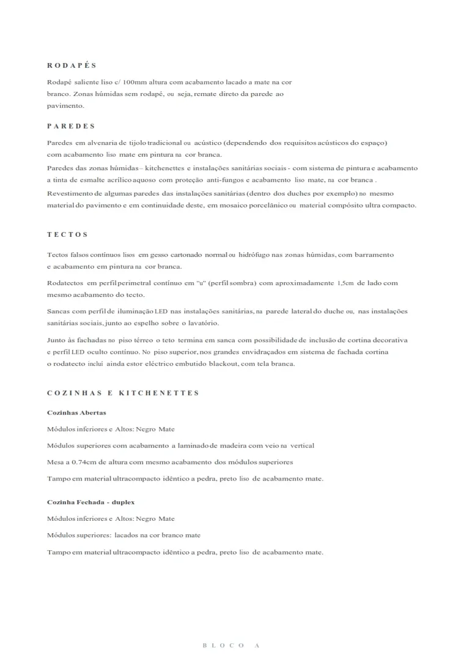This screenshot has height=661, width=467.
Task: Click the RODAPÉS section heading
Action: click(72, 65)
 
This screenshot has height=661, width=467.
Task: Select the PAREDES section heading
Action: click(71, 126)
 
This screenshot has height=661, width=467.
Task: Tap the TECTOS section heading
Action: click(67, 234)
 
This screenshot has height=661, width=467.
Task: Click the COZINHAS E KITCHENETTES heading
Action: click(123, 393)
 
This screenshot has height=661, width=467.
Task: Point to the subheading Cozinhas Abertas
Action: click(76, 413)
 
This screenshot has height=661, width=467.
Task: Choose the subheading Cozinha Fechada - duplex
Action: click(90, 502)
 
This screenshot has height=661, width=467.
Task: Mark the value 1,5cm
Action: click(345, 283)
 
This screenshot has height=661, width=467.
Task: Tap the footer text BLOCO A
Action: click(232, 645)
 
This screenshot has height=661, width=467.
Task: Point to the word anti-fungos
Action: click(224, 181)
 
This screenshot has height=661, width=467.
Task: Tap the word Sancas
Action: click(58, 312)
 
